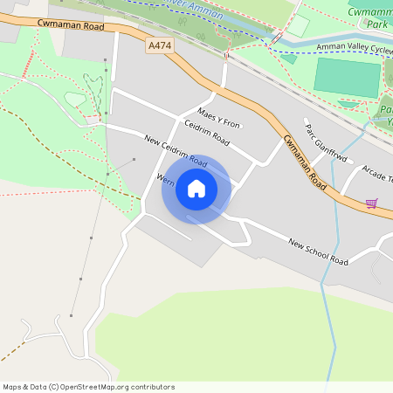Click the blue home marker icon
point(196,188)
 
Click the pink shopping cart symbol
point(372,203)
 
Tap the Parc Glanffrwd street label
point(325,145)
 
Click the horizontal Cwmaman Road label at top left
point(74,26)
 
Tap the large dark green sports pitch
point(348,77)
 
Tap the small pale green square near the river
point(297,25)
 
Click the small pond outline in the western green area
point(76,100)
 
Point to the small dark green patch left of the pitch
point(289,59)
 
